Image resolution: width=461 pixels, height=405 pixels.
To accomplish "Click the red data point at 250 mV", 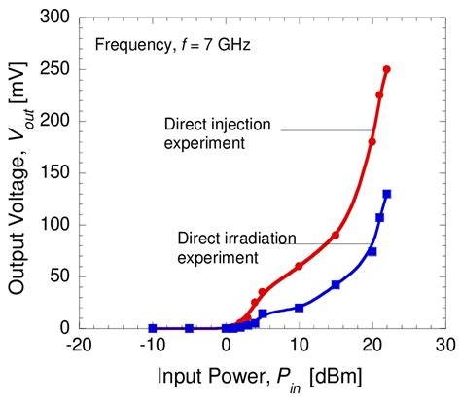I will (387, 69).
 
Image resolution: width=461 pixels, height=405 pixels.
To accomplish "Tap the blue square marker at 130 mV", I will (387, 194).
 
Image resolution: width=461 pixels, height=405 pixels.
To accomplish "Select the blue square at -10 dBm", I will (153, 328).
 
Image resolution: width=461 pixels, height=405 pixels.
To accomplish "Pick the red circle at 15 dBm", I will (336, 235).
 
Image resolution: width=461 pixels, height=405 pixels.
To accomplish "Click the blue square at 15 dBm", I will (336, 285).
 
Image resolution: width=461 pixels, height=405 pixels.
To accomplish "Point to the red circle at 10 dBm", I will (299, 266).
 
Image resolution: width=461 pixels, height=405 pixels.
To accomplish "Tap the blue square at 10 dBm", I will (299, 308).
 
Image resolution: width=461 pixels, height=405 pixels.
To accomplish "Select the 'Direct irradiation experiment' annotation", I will (220, 247).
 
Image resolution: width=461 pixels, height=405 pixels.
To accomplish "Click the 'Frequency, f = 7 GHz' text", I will (160, 44).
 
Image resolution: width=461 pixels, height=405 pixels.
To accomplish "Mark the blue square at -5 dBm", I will (189, 328).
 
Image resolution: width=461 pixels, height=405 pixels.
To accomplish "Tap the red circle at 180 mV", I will (372, 141).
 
